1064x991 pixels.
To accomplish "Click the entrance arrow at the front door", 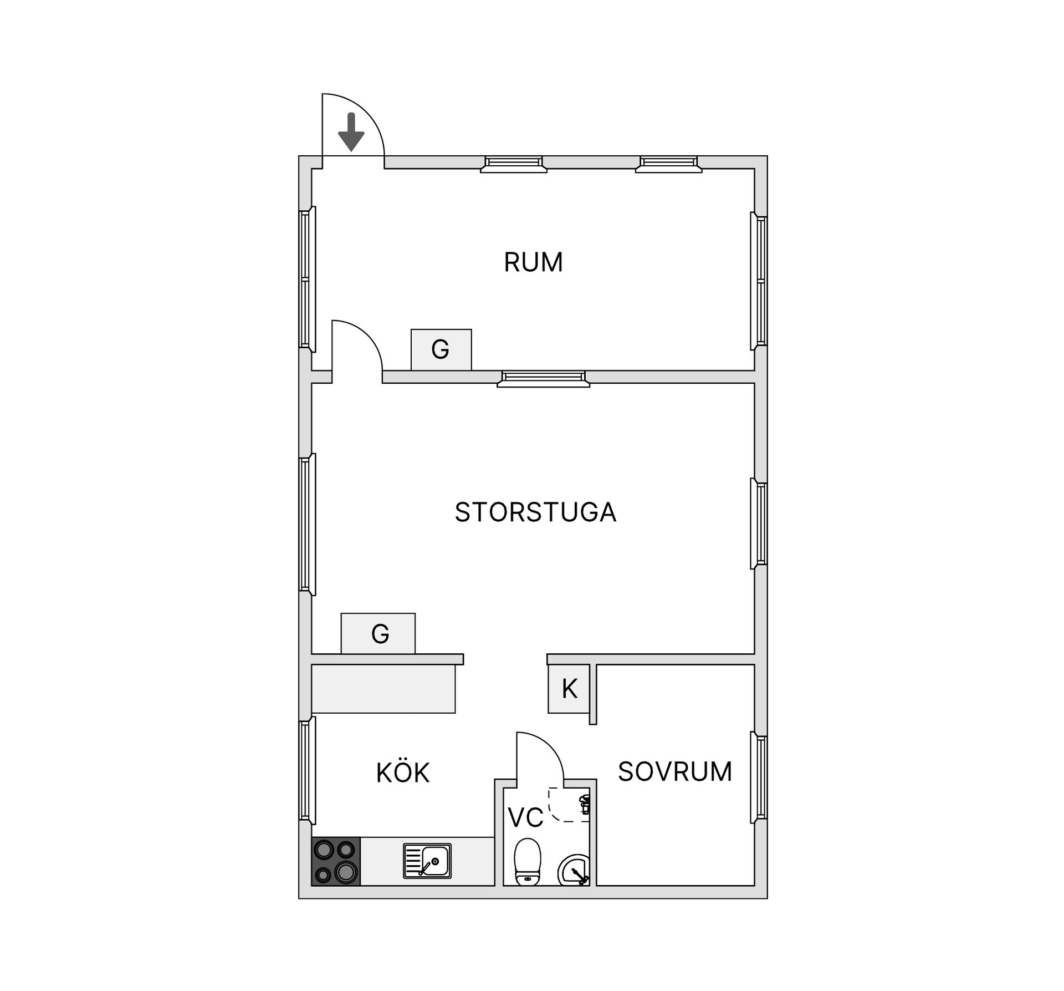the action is click(351, 132).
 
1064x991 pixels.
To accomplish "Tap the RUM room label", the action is click(533, 262).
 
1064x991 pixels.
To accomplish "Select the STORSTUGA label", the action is click(535, 512).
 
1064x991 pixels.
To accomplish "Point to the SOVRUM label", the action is click(675, 771).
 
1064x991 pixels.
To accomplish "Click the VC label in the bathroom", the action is click(525, 817).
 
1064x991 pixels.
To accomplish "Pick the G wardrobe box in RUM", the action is click(441, 349).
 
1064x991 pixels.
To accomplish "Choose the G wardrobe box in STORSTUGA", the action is click(378, 633).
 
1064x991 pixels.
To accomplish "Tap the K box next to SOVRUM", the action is click(569, 689).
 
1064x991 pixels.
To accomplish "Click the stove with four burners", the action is click(336, 861).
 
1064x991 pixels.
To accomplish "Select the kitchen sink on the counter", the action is click(427, 861).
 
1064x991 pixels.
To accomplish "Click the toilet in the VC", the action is click(528, 862).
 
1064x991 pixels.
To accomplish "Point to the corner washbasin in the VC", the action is click(574, 870).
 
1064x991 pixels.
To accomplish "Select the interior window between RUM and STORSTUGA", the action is click(543, 379).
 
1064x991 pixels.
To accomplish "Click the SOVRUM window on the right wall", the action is click(759, 777).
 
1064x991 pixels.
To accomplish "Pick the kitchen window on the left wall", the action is click(308, 770).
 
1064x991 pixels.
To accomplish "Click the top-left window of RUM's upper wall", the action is click(514, 164).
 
